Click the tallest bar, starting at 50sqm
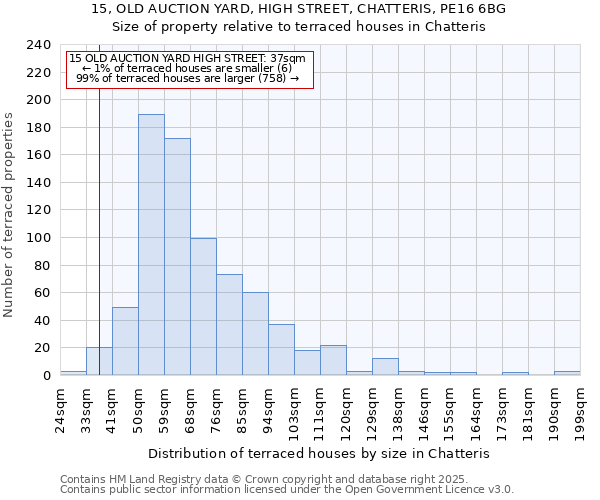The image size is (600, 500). (151, 245)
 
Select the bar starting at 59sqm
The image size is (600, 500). (177, 257)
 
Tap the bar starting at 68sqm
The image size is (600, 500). (203, 306)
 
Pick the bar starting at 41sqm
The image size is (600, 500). (125, 341)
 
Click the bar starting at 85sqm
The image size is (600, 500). (255, 334)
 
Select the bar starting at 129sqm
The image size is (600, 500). (385, 367)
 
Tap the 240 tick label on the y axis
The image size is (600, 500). (39, 45)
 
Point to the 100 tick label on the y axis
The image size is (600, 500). (39, 238)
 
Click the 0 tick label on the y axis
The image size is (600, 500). (47, 376)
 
